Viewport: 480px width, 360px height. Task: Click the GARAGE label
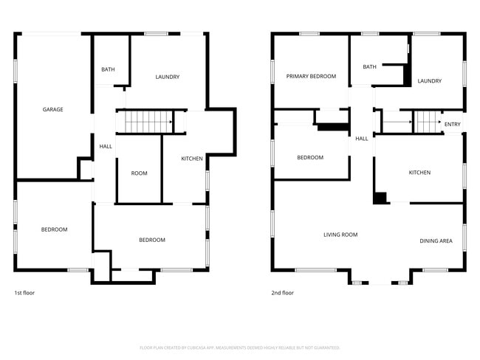[52, 109]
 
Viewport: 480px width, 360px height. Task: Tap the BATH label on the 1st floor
[108, 69]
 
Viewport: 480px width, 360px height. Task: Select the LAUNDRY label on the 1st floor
[168, 77]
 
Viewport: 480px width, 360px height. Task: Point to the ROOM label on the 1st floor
[139, 173]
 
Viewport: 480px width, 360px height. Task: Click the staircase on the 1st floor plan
[148, 122]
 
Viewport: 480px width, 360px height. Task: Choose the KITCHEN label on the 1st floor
[192, 159]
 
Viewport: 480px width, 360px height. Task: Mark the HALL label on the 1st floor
[106, 147]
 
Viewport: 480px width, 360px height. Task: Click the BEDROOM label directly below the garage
[54, 229]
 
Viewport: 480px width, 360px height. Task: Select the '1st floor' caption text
[25, 293]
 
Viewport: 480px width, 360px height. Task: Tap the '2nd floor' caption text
[282, 293]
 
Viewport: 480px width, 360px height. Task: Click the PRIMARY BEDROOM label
[311, 76]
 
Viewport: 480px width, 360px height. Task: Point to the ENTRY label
[452, 124]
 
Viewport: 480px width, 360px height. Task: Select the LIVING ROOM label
[340, 235]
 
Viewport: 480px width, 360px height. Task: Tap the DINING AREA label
[436, 240]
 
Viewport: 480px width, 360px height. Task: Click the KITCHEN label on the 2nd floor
[419, 173]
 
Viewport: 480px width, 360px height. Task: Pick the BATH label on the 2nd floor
[369, 66]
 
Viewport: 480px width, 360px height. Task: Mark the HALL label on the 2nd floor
[361, 139]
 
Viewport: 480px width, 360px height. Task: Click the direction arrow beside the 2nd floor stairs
[397, 122]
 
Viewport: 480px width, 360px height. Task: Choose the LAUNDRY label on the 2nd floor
[429, 80]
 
